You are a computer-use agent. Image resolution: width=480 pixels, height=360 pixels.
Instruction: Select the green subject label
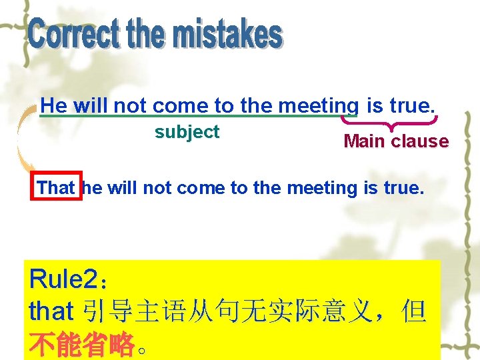coord(187,132)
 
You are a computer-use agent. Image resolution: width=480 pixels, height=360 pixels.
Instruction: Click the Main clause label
coord(396,141)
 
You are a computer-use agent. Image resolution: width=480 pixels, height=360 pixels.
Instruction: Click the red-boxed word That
coord(56,188)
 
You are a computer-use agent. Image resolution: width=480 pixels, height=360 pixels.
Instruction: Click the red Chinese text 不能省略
coord(81,344)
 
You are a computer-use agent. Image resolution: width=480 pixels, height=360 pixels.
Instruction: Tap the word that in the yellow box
coord(51,311)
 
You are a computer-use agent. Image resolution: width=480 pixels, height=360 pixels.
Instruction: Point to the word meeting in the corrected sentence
coord(323,188)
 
